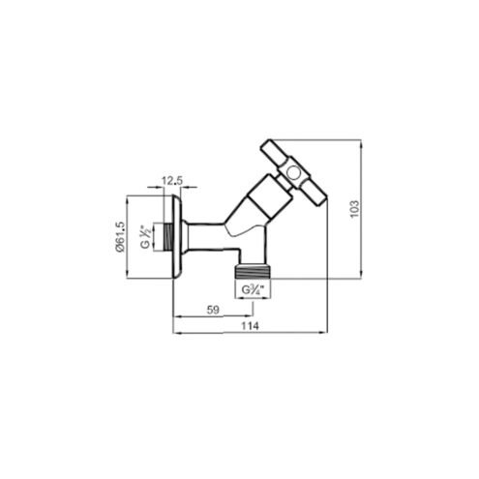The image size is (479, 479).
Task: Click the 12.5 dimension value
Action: pos(171,181)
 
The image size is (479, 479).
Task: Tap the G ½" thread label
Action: pos(145,238)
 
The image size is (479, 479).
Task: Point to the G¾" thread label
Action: pos(253,289)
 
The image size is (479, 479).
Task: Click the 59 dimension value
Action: pos(213,310)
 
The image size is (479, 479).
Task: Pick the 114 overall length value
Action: pos(250,326)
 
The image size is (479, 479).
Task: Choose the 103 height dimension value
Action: pos(354,209)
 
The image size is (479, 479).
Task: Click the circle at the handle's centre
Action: pos(293,172)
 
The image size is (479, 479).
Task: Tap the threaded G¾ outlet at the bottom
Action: pos(253,271)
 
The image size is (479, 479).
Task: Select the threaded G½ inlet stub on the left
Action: pos(168,237)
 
